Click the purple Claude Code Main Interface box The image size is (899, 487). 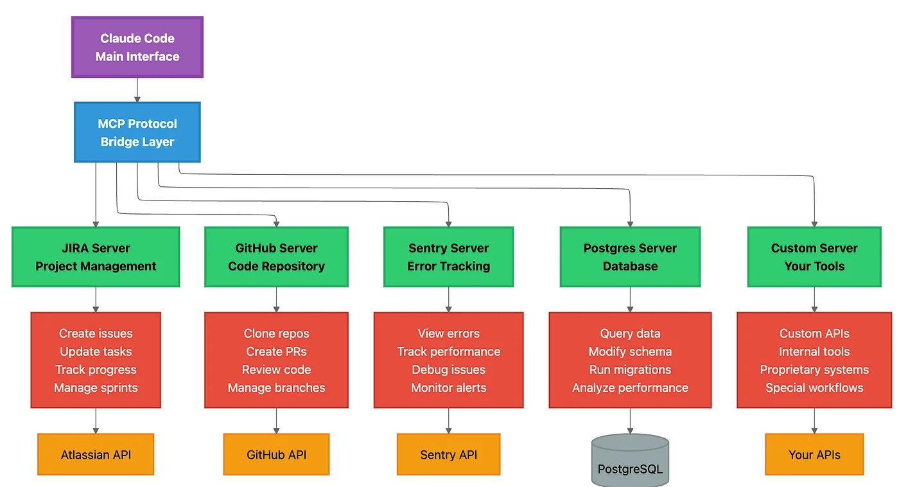click(x=137, y=48)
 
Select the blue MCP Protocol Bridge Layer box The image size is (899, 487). click(x=137, y=132)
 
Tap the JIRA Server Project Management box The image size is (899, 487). click(x=96, y=257)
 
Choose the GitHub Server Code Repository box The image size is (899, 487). click(x=276, y=257)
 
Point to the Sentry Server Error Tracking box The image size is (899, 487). click(x=448, y=257)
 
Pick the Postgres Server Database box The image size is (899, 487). click(x=630, y=257)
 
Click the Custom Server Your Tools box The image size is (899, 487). click(x=814, y=257)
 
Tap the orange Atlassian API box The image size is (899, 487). click(x=96, y=455)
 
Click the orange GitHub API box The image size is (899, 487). click(x=276, y=455)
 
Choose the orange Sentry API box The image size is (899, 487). click(x=448, y=455)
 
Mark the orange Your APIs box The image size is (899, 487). click(x=814, y=455)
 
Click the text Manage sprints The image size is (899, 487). click(x=96, y=388)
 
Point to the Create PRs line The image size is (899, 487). click(x=276, y=351)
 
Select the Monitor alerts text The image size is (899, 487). click(x=448, y=388)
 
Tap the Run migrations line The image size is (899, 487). click(x=630, y=370)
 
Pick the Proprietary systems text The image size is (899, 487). click(x=814, y=370)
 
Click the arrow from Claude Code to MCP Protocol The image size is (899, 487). click(x=137, y=90)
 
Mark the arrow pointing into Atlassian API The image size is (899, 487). click(x=96, y=421)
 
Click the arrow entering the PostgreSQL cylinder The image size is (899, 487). click(x=630, y=421)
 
